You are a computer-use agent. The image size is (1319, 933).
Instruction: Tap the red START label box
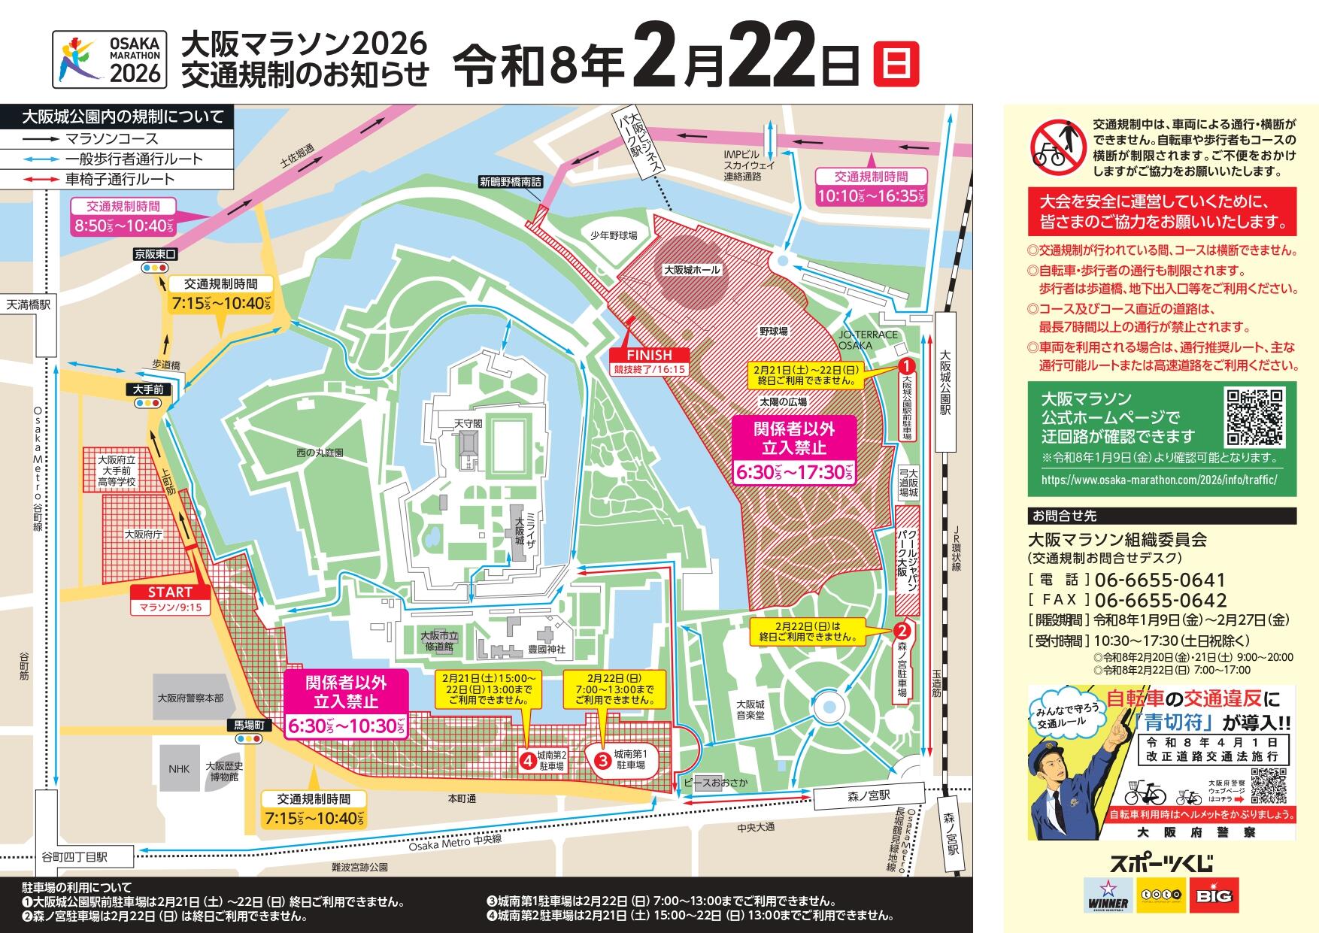[x=171, y=593]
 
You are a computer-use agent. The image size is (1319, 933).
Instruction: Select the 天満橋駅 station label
[x=29, y=304]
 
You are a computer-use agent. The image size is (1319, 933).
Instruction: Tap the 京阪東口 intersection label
[x=156, y=254]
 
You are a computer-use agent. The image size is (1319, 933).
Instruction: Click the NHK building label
[x=179, y=769]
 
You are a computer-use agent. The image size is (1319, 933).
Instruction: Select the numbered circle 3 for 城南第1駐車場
[x=602, y=760]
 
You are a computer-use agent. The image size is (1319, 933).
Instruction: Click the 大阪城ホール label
[x=691, y=270]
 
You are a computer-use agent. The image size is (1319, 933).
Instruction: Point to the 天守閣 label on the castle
[x=467, y=423]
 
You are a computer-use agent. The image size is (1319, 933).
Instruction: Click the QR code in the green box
[x=1254, y=417]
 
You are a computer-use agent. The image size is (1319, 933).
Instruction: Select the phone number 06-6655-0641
[x=1160, y=580]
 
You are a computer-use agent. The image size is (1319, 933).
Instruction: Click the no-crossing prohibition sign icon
[x=1057, y=145]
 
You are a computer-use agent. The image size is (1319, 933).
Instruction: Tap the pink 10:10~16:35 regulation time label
[x=871, y=196]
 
